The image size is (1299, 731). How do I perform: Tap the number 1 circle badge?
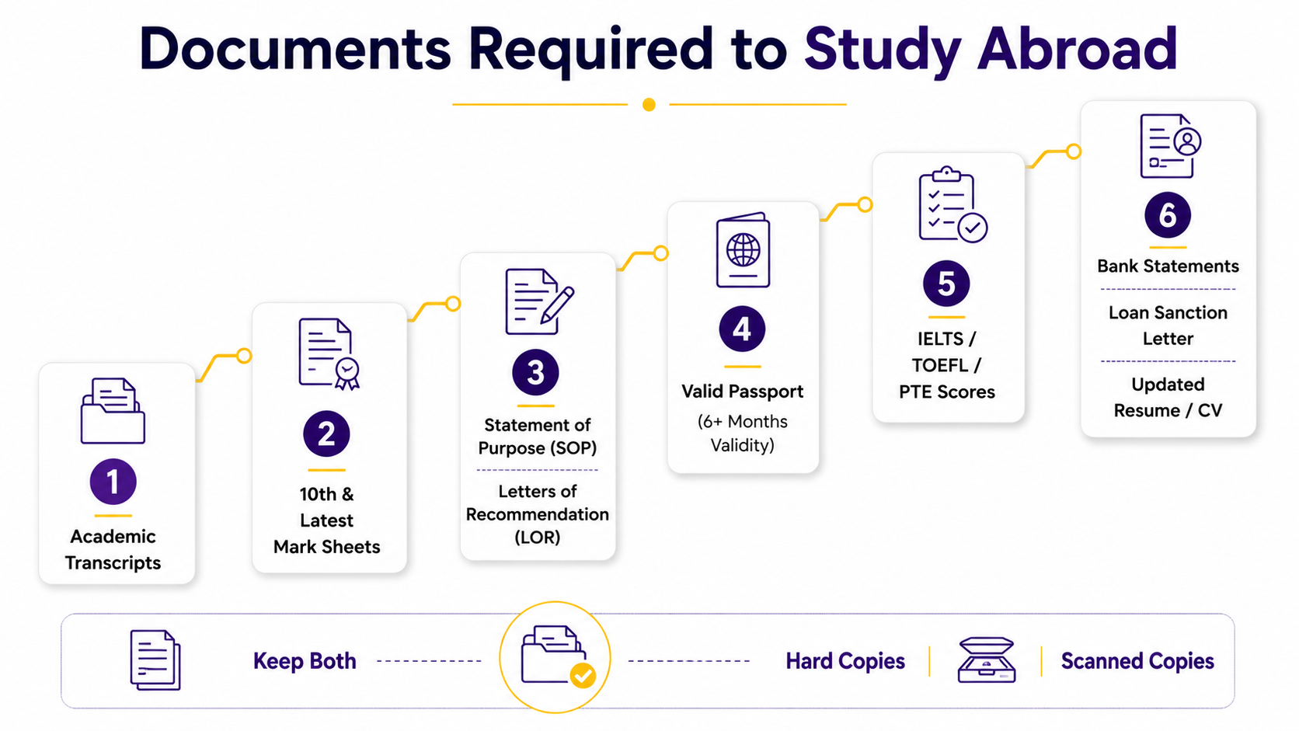pos(113,482)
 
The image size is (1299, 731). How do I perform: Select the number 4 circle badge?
pos(742,329)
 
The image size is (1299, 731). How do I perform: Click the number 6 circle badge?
pos(1168,215)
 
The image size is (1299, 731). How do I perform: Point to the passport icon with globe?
pos(743,250)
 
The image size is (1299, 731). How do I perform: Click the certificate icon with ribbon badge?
pos(329,353)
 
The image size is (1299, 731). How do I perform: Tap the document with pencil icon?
pos(539,301)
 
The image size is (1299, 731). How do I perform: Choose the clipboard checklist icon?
pos(952,204)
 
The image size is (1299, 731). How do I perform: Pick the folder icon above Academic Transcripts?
pos(113,411)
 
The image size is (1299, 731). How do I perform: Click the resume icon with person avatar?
pos(1170,146)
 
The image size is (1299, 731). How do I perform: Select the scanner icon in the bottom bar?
pos(987,660)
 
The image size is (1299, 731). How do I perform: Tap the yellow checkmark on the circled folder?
pos(582,676)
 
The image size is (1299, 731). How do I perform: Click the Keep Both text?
pos(305,661)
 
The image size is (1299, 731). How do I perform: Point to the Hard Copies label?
pos(845,661)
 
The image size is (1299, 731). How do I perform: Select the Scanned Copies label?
pos(1137,661)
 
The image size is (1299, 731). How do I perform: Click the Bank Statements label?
pos(1168,266)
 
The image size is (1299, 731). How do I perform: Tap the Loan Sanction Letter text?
pos(1168,325)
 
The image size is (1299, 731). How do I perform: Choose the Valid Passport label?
pos(742,392)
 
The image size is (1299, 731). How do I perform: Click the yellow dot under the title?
pos(649,104)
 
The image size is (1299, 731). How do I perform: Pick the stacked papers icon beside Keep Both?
pos(155,660)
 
